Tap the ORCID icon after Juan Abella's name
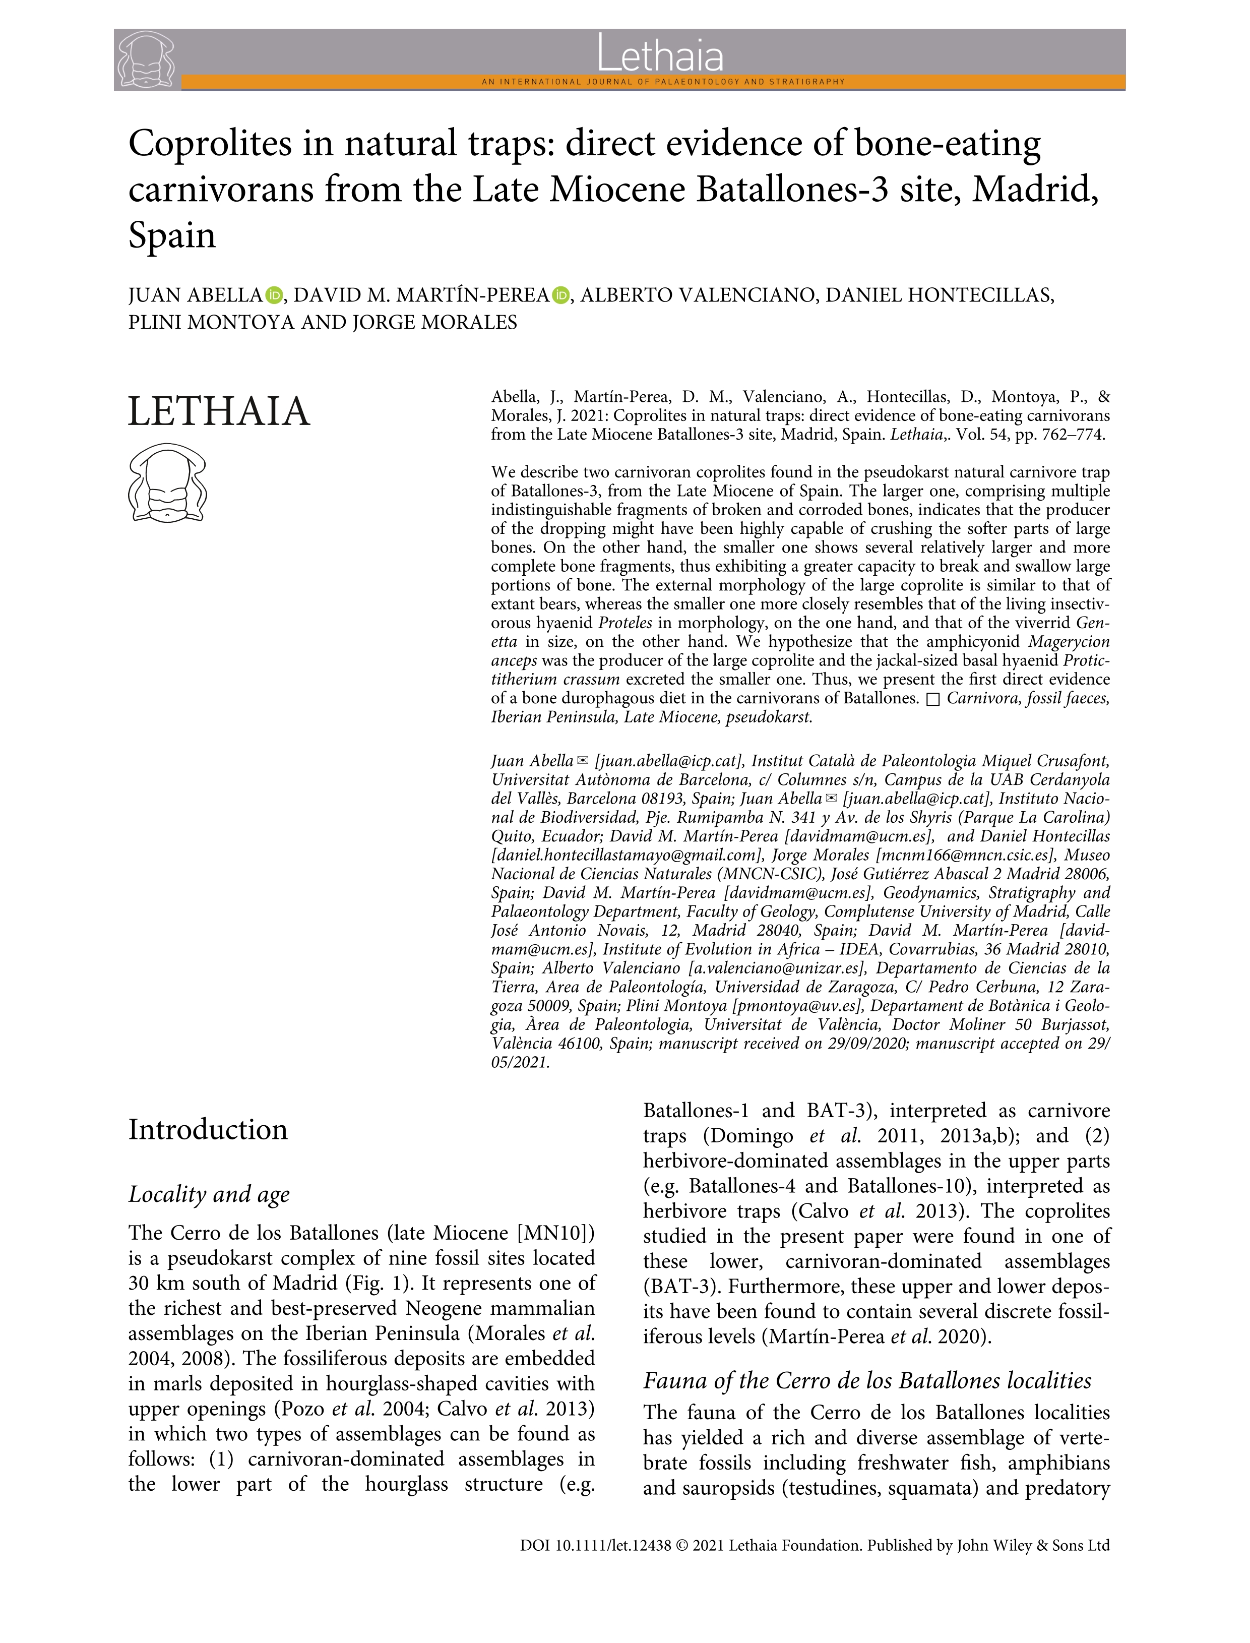click(x=275, y=295)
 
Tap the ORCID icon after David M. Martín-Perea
click(x=561, y=295)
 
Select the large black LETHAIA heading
click(x=219, y=411)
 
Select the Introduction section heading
click(x=208, y=1130)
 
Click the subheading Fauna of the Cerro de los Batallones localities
click(x=867, y=1381)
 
